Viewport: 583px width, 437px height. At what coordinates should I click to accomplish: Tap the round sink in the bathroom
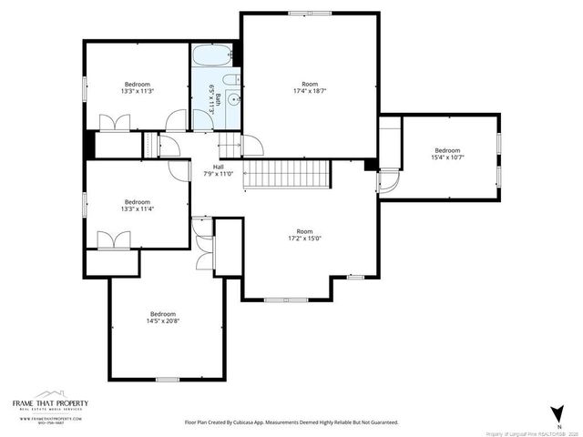tap(233, 100)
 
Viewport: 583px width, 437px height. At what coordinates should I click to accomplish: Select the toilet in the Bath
tap(231, 78)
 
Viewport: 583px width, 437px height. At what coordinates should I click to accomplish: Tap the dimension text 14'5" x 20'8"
tap(162, 320)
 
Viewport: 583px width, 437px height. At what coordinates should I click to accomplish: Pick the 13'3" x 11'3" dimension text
tap(137, 91)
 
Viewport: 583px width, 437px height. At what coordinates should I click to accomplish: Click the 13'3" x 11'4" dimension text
tap(137, 208)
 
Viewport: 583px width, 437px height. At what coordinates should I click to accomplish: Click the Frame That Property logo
tap(49, 404)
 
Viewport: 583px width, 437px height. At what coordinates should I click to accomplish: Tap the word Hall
tap(219, 167)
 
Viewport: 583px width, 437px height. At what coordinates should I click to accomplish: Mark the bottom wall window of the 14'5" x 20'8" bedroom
tap(167, 379)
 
